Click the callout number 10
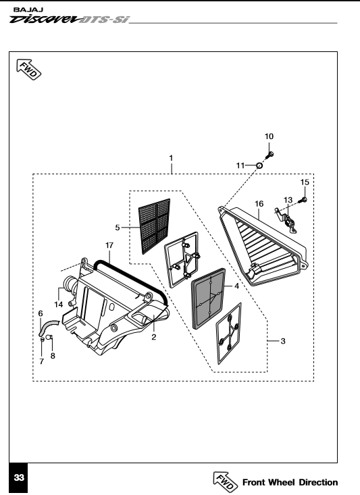269,136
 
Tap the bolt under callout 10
269,155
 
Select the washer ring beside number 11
259,165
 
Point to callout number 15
305,182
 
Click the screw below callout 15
303,200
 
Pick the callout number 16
259,204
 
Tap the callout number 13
288,200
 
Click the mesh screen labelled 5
155,226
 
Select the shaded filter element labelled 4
209,299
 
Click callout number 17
109,245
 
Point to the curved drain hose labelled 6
48,328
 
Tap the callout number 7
42,361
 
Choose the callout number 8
53,356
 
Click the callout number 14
59,305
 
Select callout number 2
154,337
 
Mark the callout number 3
283,341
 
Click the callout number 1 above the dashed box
171,158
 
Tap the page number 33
19,477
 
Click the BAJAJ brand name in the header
28,10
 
